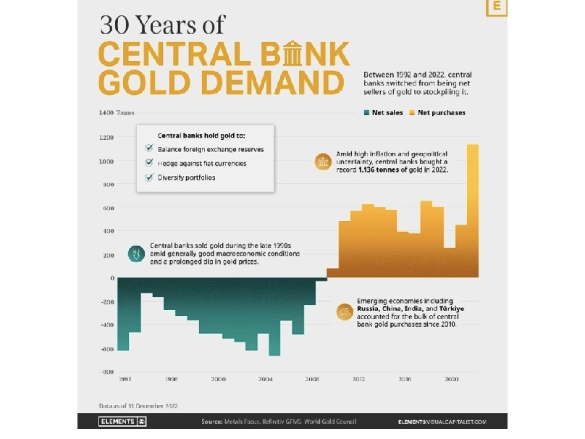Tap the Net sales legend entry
383,113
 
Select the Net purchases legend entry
437,113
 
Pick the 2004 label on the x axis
265,380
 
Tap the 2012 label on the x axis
358,380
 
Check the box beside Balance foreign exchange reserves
149,149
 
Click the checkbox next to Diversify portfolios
149,178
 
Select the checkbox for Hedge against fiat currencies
149,164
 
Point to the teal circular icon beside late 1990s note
135,254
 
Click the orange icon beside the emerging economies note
345,312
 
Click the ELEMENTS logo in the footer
122,422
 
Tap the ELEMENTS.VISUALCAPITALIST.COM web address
442,422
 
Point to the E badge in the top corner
497,7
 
